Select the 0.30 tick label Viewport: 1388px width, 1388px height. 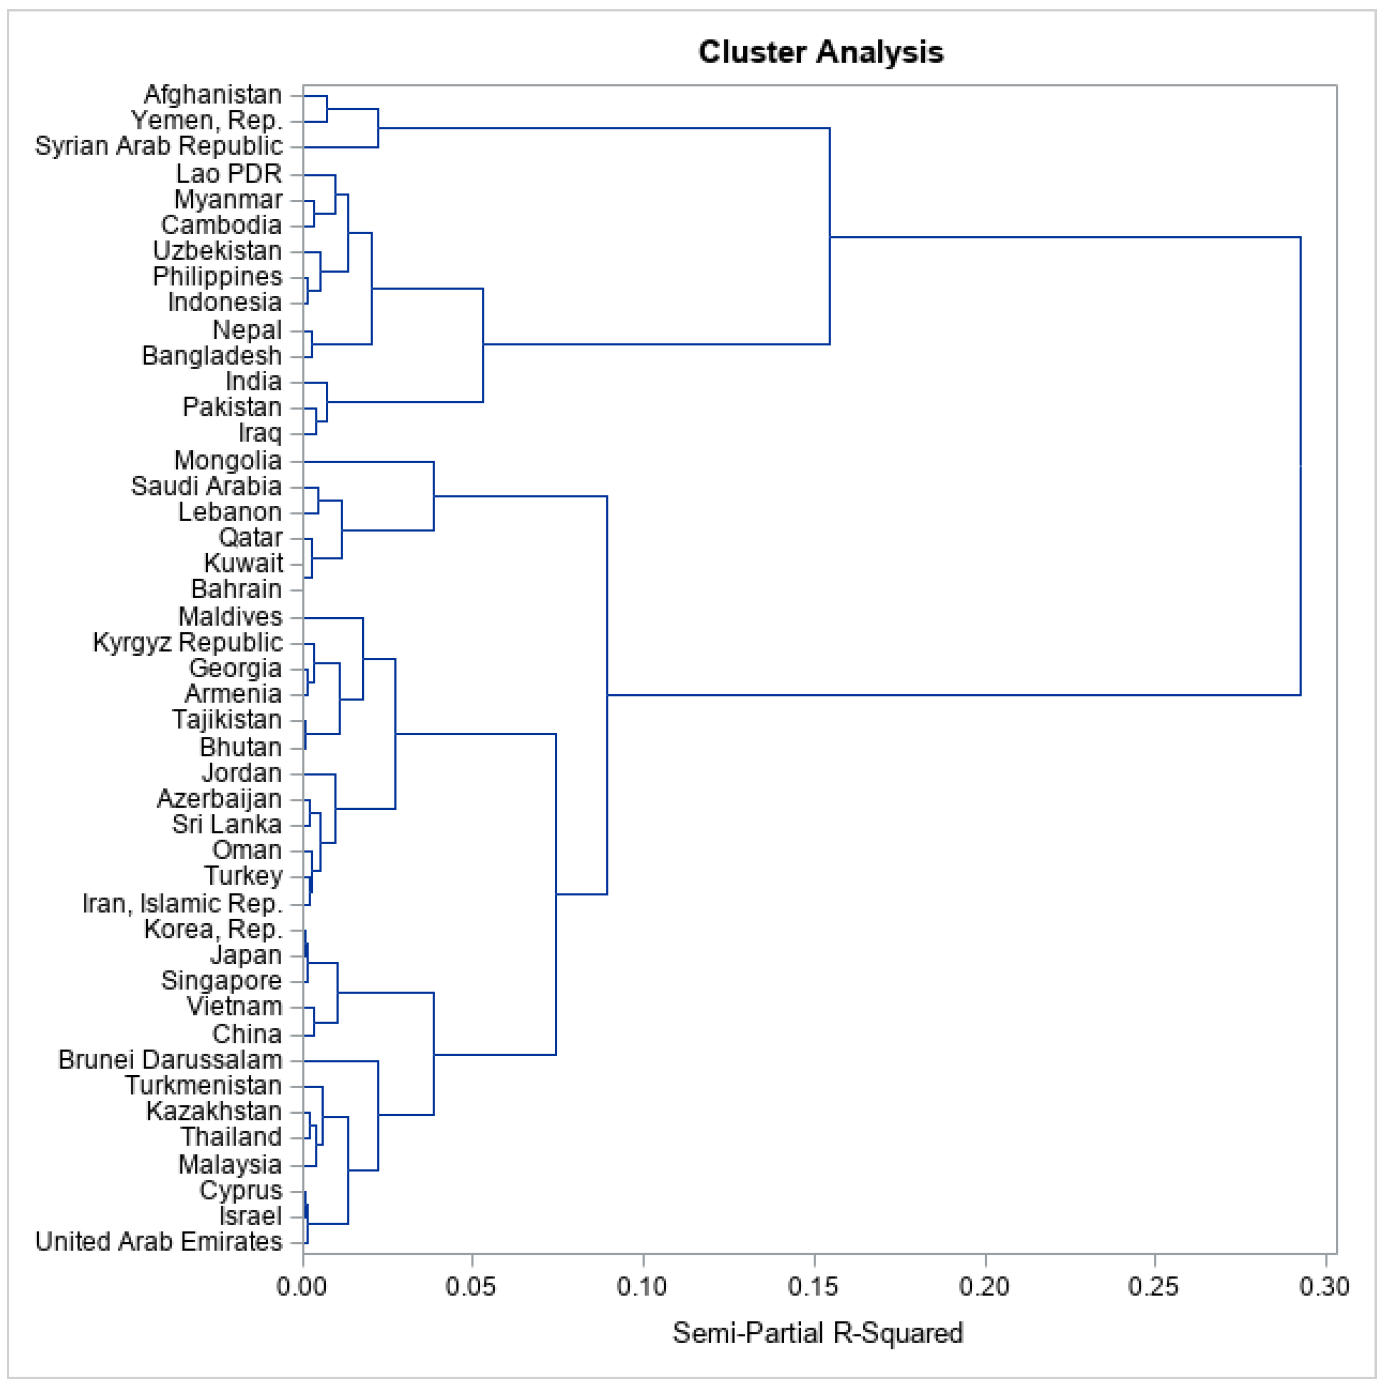point(1323,1287)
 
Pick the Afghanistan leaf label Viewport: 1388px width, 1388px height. point(213,95)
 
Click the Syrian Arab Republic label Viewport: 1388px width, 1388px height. point(159,147)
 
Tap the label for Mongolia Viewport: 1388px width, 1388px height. point(228,461)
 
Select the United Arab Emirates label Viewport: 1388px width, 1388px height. point(159,1241)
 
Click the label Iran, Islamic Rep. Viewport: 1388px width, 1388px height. point(183,903)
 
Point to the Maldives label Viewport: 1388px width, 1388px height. point(230,616)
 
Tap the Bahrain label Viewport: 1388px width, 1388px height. point(236,589)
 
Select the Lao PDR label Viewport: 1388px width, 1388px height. point(229,174)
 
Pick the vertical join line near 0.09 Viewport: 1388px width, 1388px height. point(607,695)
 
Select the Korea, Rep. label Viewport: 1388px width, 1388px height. point(213,929)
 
